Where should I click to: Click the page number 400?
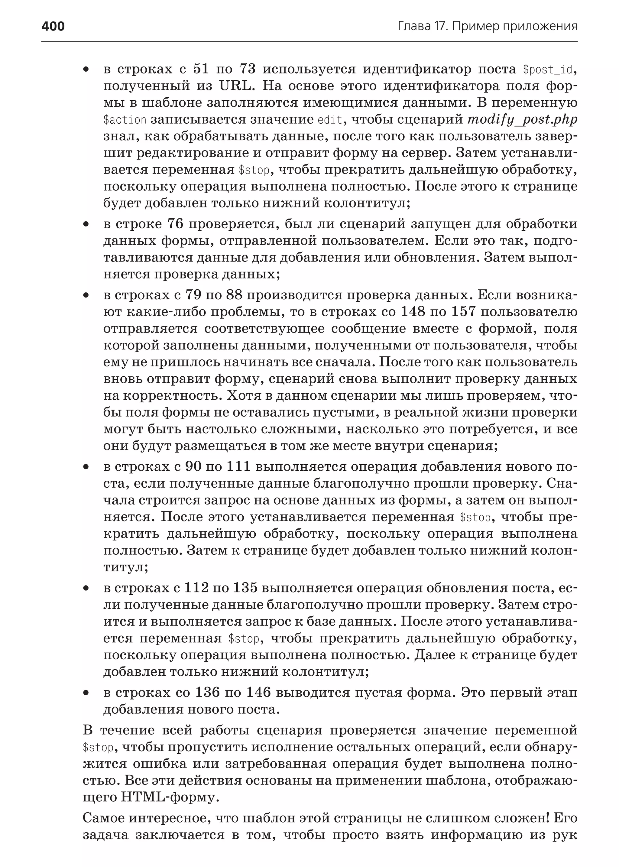point(53,26)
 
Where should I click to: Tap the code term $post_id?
point(548,70)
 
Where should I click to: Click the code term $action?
point(125,120)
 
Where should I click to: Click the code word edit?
point(330,120)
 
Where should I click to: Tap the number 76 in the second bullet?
point(176,224)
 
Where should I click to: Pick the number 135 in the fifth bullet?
point(245,588)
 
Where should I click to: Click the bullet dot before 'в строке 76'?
point(86,225)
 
